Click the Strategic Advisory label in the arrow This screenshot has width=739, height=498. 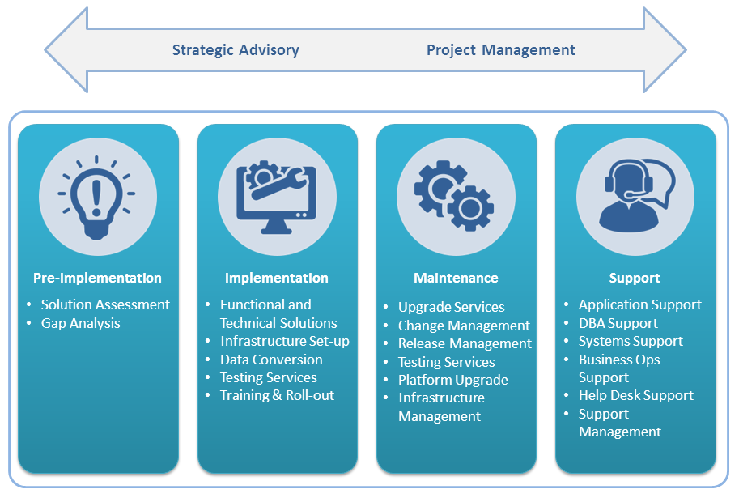click(236, 50)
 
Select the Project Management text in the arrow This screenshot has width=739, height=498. click(500, 50)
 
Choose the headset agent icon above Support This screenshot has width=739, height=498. click(635, 197)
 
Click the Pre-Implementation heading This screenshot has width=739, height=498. click(97, 278)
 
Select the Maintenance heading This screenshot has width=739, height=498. click(456, 278)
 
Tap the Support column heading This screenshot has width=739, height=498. click(635, 278)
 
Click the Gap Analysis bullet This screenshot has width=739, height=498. click(80, 323)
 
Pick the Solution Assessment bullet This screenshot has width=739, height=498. click(105, 304)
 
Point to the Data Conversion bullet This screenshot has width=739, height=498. click(271, 360)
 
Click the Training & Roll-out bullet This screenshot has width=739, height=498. click(277, 395)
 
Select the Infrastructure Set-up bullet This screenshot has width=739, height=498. click(284, 341)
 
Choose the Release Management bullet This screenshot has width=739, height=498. click(465, 343)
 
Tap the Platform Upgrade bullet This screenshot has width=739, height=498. click(452, 380)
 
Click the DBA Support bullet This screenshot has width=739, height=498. click(618, 323)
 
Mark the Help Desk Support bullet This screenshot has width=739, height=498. click(635, 395)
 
